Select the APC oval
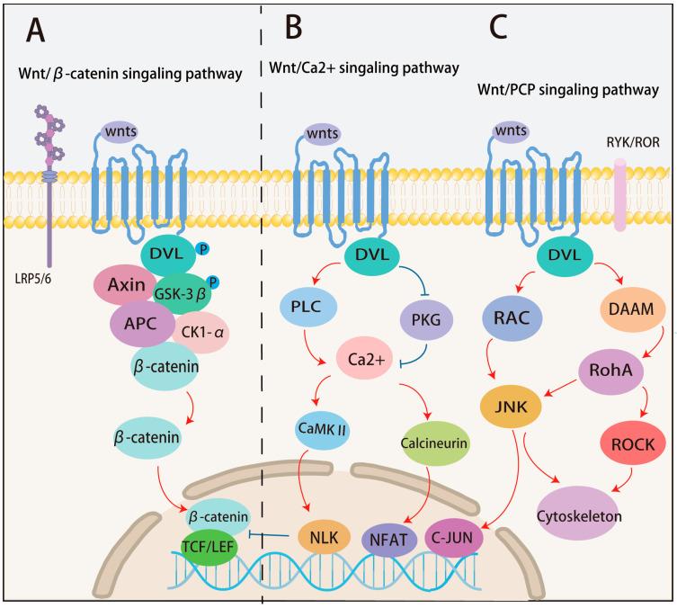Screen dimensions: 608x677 144,325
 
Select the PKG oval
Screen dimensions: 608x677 426,317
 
